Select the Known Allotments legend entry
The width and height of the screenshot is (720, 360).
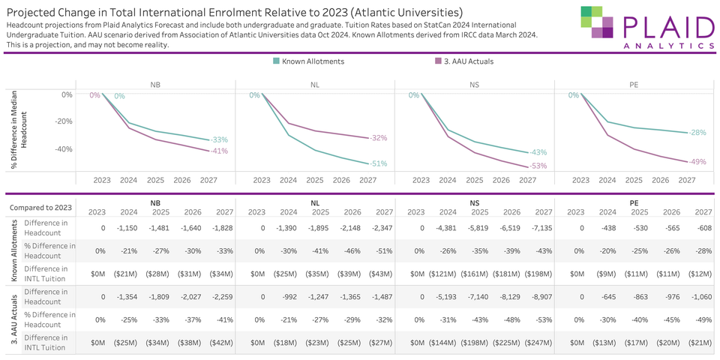point(308,61)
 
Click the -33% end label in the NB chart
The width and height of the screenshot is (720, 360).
point(219,140)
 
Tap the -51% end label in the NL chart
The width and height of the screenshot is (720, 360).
point(378,163)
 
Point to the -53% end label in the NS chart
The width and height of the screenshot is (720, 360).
point(538,166)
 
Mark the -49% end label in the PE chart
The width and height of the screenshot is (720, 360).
point(697,162)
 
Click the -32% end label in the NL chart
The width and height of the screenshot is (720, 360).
point(378,138)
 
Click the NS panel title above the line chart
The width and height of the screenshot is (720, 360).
point(474,85)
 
